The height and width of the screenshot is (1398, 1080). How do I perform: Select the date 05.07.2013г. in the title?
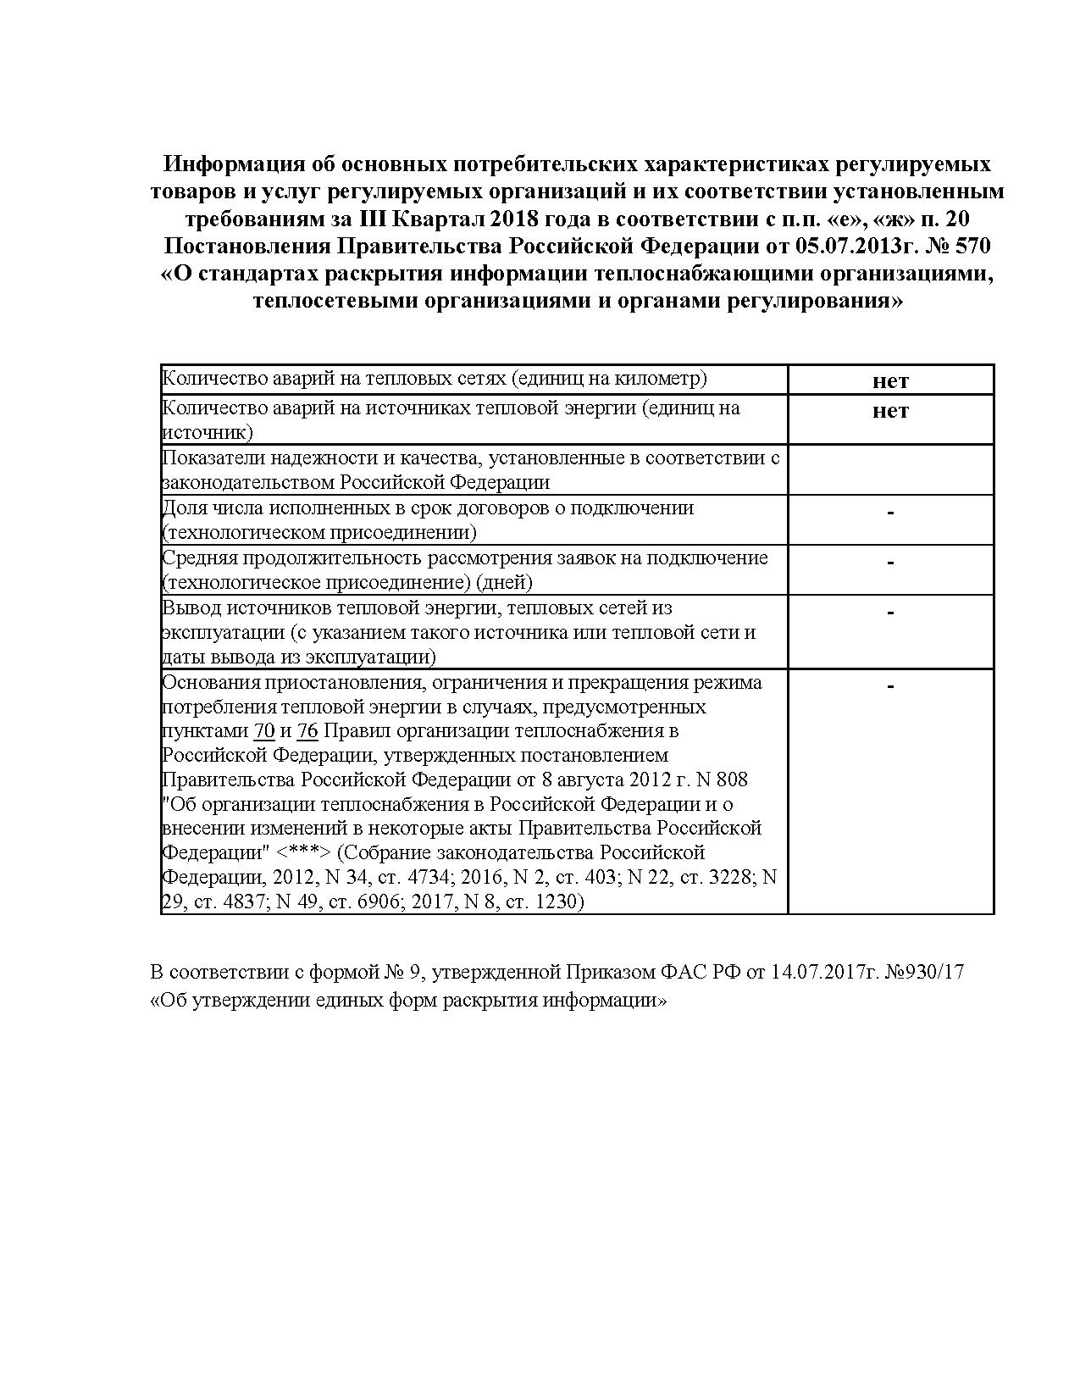pos(859,246)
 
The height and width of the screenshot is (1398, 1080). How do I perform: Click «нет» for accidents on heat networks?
pos(890,380)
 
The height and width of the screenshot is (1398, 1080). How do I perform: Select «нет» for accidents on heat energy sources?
pos(890,411)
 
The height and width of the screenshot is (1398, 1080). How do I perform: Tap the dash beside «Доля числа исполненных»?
pos(890,512)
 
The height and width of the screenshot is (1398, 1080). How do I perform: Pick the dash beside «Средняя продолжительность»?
pos(890,562)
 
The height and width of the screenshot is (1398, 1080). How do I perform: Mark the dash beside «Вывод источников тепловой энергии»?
pos(890,612)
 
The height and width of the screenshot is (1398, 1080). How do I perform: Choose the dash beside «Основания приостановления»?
pos(890,685)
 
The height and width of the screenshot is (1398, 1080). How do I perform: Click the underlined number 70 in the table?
pos(263,731)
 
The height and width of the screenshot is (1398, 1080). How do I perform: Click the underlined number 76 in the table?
pos(307,731)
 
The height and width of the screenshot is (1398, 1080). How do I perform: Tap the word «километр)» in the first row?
pos(663,378)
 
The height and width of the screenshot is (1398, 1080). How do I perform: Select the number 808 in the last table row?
pos(733,779)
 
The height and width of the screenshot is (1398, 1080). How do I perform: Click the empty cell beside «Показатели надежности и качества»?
pos(890,469)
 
